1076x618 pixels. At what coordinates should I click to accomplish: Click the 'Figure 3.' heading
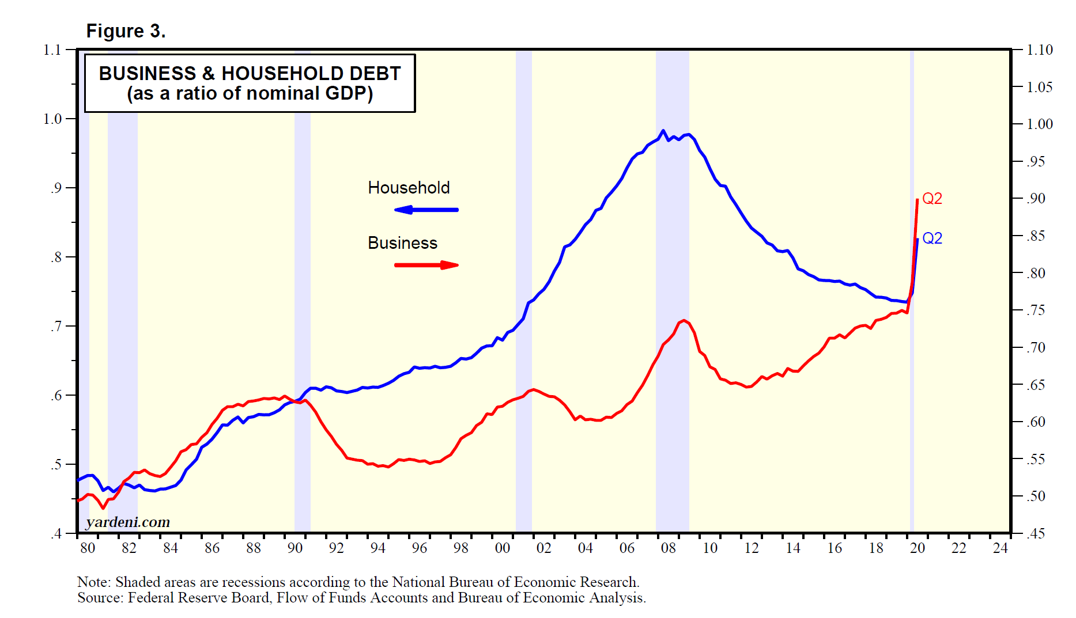coord(126,31)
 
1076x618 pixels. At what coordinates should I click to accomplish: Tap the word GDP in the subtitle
coord(349,93)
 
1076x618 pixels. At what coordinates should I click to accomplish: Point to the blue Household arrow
coord(426,210)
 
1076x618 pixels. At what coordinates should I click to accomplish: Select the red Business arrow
coord(426,265)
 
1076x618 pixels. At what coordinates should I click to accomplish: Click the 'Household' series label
coord(409,188)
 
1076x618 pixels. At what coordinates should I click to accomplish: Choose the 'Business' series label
coord(402,243)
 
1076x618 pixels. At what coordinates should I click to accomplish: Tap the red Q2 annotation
coord(932,199)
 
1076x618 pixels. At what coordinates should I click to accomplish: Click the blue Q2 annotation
coord(932,238)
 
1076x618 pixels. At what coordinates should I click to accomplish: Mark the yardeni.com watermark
coord(128,522)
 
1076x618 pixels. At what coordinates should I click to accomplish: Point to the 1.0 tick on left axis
coord(52,119)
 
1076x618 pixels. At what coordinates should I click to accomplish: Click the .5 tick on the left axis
coord(56,465)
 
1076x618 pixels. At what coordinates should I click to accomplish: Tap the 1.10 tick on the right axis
coord(1040,50)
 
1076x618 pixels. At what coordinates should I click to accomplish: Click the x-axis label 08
coord(668,548)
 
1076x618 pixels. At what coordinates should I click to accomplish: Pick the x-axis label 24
coord(1000,548)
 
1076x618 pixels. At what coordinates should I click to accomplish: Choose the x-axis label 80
coord(88,548)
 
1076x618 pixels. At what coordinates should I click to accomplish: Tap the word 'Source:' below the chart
coord(100,598)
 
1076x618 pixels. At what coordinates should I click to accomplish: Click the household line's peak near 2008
coord(663,131)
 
